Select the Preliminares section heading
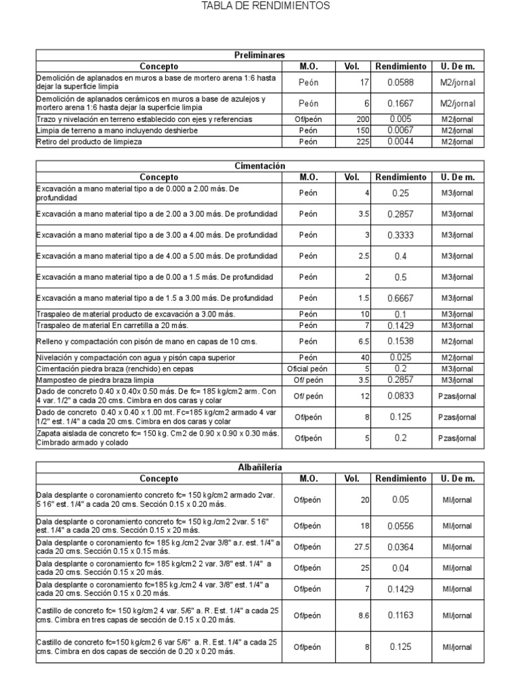point(260,55)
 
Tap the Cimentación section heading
point(260,166)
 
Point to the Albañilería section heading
point(260,468)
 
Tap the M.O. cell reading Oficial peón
point(308,369)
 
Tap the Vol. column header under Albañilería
point(351,478)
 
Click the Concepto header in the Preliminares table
point(158,66)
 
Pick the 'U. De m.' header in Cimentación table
point(458,178)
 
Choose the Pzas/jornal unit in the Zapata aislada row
point(458,438)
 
